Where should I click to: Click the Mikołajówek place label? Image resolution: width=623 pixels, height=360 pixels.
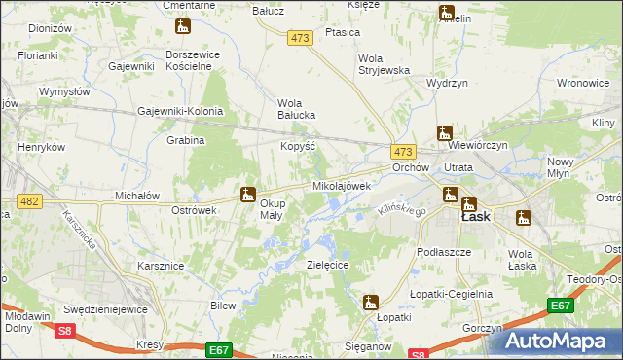tap(342, 185)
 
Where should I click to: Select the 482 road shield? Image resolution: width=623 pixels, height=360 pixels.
tap(27, 200)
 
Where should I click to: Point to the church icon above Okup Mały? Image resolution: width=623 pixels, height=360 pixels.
tap(248, 193)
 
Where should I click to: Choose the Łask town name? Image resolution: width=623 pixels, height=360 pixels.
tap(474, 217)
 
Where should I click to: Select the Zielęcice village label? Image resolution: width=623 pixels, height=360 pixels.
tap(327, 264)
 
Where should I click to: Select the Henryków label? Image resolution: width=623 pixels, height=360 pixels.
tap(41, 147)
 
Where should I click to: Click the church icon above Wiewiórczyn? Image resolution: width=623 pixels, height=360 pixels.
tap(445, 132)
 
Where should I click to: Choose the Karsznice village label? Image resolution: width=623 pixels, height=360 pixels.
tap(161, 265)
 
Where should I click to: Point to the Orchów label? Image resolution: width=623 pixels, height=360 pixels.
tap(411, 167)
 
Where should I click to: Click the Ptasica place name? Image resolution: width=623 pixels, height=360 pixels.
tap(343, 32)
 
